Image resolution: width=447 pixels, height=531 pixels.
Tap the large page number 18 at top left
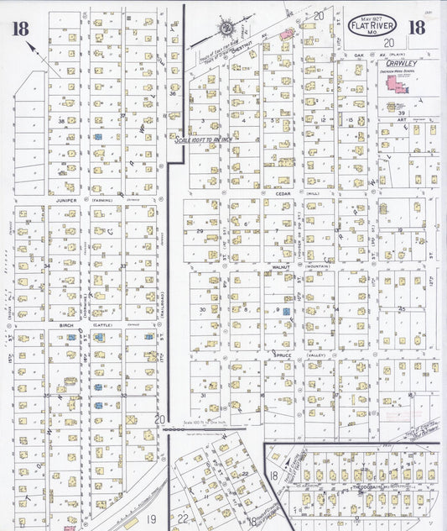coord(21,29)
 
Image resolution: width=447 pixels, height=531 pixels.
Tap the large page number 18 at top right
coord(415,27)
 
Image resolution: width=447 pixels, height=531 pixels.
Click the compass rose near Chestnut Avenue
coord(226,29)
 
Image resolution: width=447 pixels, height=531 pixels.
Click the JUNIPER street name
coord(65,201)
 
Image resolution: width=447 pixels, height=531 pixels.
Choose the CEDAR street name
coord(282,192)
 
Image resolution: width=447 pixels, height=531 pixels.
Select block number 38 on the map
coord(61,121)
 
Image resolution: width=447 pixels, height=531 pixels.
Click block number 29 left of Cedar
coord(200,229)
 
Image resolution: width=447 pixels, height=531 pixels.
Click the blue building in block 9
coord(285,312)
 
